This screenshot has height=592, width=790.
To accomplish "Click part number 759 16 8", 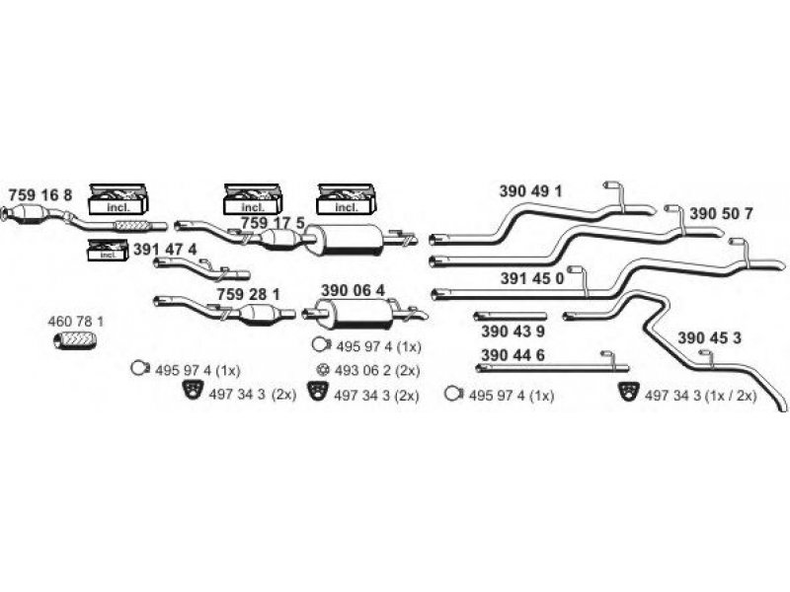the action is point(40,194).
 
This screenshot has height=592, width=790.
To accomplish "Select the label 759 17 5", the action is point(273,223).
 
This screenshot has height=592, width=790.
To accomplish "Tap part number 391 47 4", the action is point(165,250).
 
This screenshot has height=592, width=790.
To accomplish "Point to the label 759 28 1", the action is point(248,294).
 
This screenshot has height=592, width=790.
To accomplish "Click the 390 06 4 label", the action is point(353,290).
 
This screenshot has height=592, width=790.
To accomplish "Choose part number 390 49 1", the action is point(530,191).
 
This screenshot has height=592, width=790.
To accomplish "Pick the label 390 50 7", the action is point(721,214).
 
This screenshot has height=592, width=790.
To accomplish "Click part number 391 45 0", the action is point(532,278).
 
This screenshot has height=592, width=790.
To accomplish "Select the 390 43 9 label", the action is point(513,332).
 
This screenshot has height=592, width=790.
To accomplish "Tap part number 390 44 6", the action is point(513,355).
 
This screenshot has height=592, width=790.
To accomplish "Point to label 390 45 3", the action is point(709,338).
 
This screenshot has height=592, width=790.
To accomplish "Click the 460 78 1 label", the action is point(76,322).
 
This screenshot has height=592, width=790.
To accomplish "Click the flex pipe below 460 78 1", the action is point(75,340).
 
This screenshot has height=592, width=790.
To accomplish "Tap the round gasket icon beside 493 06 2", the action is point(323,371).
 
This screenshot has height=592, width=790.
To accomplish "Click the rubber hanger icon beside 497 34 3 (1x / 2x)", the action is point(628,392).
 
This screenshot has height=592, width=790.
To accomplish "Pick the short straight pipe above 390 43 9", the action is point(511,316).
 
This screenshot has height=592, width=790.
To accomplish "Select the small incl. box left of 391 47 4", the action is point(108,251).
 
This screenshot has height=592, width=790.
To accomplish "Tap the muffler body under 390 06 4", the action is point(355,314).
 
